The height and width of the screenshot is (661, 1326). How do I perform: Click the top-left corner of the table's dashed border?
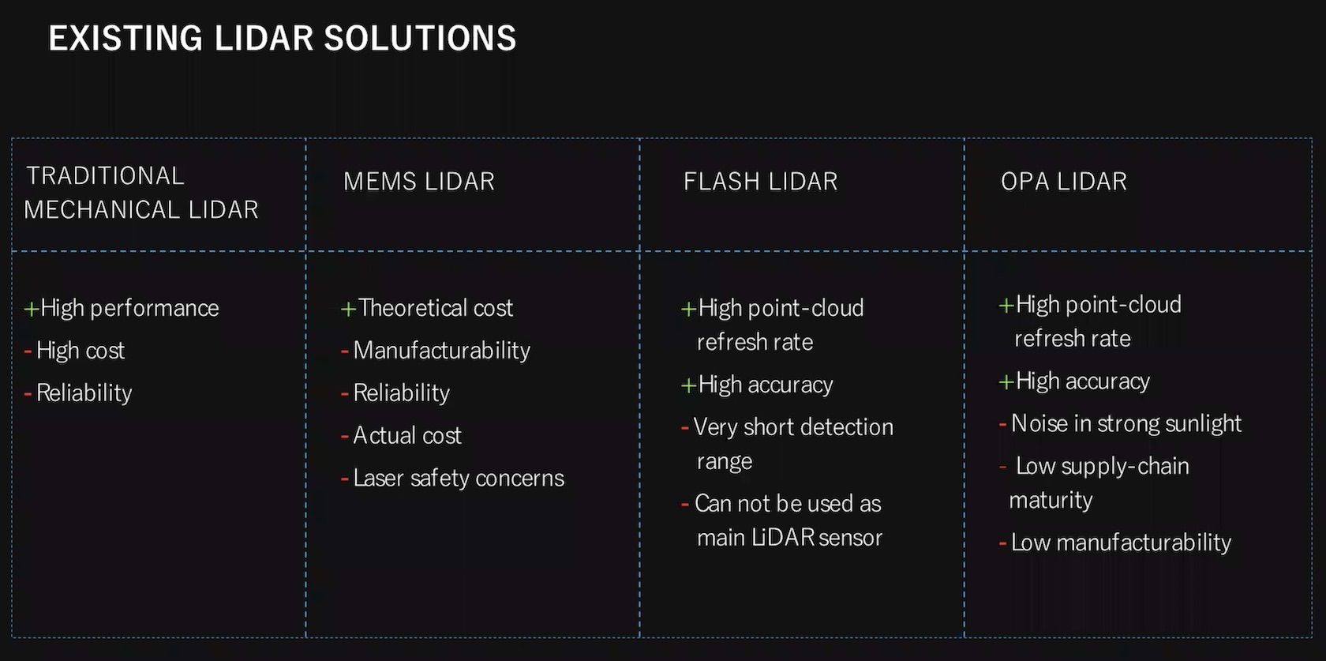tap(13, 139)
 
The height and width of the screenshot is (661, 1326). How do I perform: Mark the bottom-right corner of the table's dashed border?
tap(1312, 637)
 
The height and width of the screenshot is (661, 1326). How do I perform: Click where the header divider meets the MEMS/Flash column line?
tap(639, 251)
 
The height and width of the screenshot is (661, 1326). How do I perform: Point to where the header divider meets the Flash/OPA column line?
tap(965, 251)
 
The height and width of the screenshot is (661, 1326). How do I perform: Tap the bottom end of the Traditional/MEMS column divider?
tap(306, 637)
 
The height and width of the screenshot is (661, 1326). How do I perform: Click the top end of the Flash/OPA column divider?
tap(965, 139)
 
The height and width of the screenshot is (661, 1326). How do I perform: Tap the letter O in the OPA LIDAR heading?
tap(1009, 182)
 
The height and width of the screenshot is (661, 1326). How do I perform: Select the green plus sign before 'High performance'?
tap(32, 309)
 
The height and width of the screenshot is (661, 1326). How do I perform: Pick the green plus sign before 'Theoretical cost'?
tap(348, 309)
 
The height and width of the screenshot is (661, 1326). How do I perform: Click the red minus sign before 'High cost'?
tap(28, 351)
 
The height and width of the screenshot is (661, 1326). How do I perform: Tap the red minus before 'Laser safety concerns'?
tap(344, 479)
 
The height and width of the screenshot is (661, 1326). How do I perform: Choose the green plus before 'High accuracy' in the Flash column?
tap(688, 385)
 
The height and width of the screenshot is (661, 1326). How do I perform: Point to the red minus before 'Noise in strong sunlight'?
tap(1002, 424)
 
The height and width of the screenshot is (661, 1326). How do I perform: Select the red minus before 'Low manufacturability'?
tap(1002, 543)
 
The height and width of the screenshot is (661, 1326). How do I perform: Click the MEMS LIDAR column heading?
tap(419, 182)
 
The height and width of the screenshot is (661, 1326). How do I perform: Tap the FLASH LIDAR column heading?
tap(761, 182)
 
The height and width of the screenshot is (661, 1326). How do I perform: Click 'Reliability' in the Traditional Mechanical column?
tap(84, 393)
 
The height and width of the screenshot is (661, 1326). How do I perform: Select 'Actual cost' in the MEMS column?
tap(407, 436)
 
